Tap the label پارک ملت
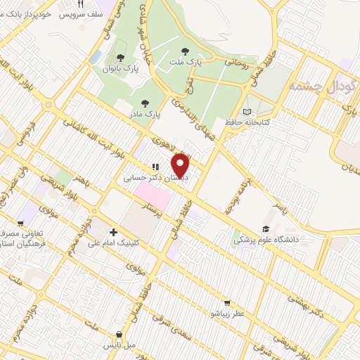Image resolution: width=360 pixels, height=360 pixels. point(186,62)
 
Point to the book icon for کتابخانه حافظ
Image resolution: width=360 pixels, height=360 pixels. point(245,111)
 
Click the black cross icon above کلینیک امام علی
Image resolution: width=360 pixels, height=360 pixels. point(113,231)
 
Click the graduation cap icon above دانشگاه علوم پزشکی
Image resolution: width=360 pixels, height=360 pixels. point(266,229)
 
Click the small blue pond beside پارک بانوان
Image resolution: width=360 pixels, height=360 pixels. point(96,56)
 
